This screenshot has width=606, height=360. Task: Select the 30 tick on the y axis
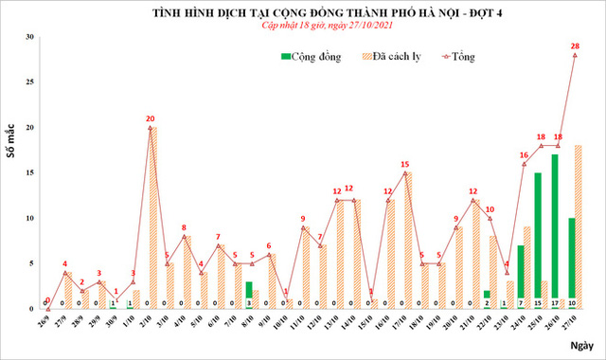tap(30, 37)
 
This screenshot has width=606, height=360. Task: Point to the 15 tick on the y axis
tap(30, 172)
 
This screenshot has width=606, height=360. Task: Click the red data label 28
tap(575, 45)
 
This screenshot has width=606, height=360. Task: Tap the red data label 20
tap(151, 118)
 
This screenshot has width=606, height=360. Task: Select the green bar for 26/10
tap(555, 232)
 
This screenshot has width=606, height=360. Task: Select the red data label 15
tap(404, 164)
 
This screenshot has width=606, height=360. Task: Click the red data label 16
tap(524, 154)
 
